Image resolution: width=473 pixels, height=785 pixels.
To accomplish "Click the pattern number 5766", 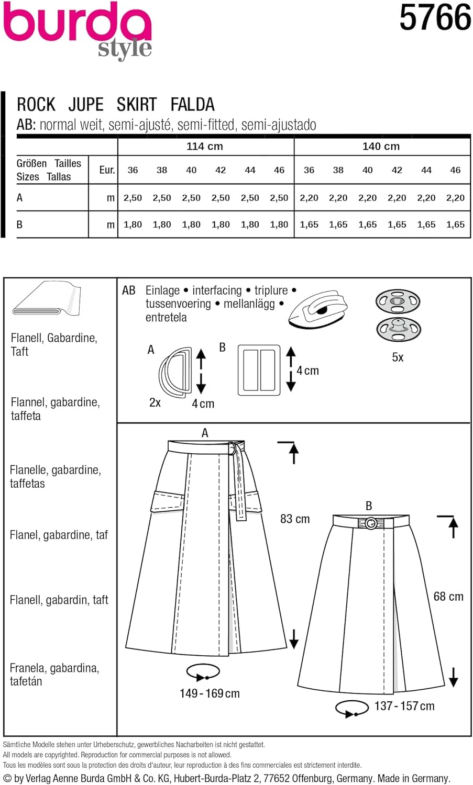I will point(435,18).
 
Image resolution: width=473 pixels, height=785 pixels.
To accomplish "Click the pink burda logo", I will point(77,24).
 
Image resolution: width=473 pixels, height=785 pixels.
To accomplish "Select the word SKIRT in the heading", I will point(137,105).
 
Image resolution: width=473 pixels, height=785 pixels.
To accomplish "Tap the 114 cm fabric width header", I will point(205,147).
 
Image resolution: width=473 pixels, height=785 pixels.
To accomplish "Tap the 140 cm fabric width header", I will point(381,147).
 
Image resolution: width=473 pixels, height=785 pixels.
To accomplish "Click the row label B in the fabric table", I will point(20,225).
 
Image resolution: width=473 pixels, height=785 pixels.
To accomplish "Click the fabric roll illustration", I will point(47,299).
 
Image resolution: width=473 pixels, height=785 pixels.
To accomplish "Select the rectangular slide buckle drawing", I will point(259,370).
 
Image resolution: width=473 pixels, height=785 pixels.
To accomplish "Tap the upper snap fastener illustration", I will point(398,301).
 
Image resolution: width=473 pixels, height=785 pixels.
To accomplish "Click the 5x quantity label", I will point(398,357).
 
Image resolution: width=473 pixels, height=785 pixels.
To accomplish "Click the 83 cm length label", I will point(295,519).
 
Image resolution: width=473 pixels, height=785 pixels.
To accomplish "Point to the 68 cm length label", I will point(448,597).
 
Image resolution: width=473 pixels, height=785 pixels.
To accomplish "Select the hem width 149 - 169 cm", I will point(210,693).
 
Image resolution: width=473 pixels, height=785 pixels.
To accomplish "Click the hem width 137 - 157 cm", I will point(404,706).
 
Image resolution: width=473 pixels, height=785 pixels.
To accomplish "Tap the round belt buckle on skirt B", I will point(371,523).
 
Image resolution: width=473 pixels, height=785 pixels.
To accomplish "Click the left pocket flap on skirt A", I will point(168,501).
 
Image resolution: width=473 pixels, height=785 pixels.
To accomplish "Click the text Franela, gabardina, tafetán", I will point(54,675).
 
